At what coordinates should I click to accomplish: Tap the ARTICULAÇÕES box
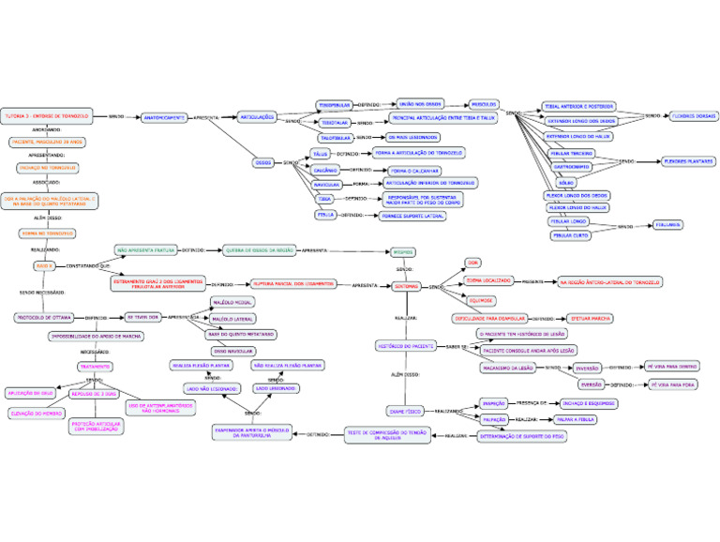(256, 117)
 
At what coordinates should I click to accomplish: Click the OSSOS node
(263, 162)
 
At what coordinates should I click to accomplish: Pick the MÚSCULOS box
(484, 105)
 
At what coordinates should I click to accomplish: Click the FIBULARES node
(669, 226)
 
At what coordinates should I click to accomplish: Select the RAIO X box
(44, 265)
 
